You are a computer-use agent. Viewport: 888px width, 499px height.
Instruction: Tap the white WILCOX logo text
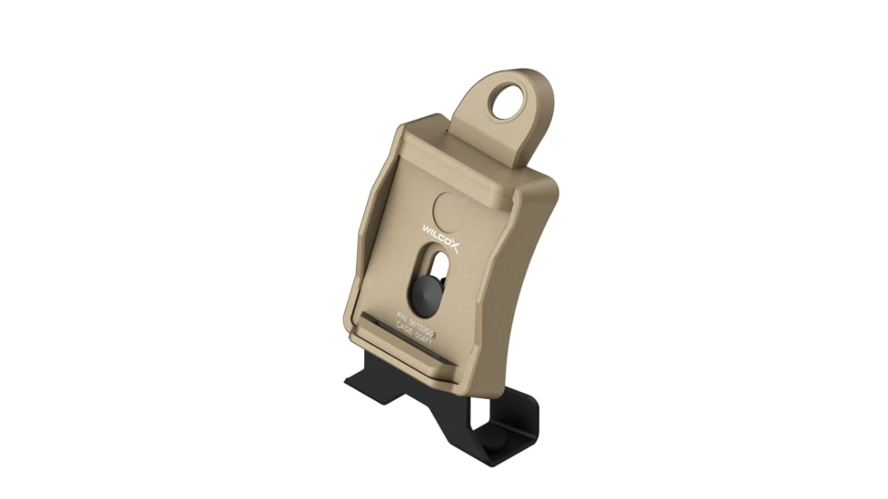pos(442,238)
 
